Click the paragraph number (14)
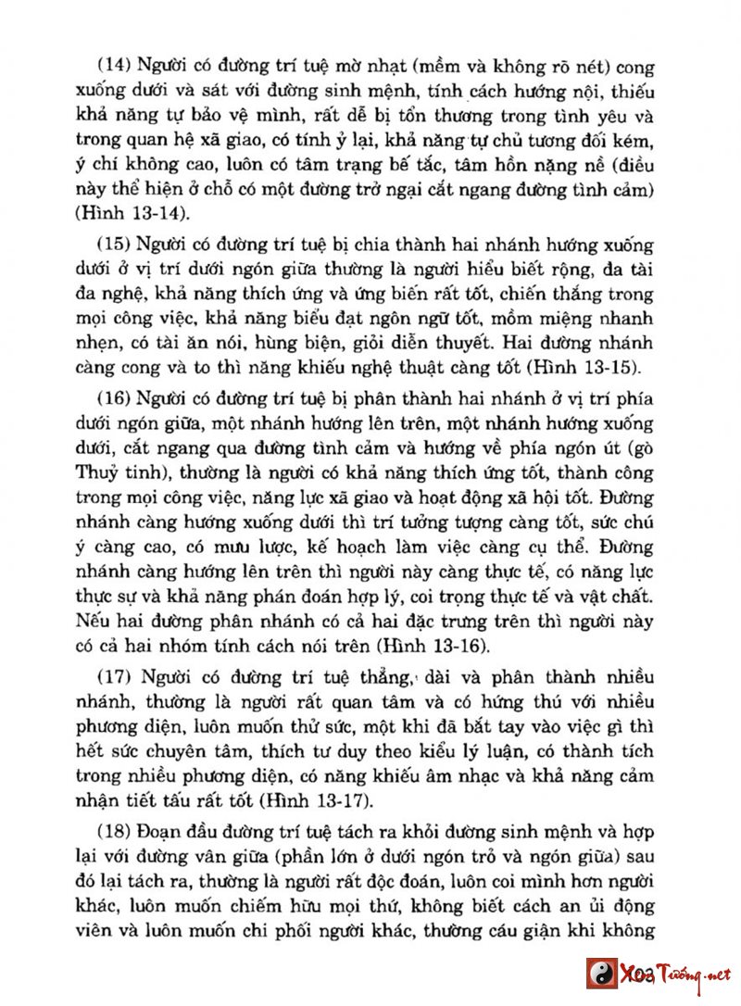click(114, 66)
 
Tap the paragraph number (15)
click(114, 245)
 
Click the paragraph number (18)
click(114, 827)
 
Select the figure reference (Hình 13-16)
click(475, 645)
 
